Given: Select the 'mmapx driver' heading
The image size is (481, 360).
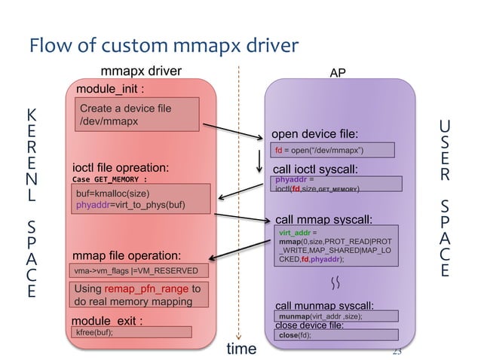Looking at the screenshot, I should (142, 72).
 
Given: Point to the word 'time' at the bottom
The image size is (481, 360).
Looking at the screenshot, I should (241, 349).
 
